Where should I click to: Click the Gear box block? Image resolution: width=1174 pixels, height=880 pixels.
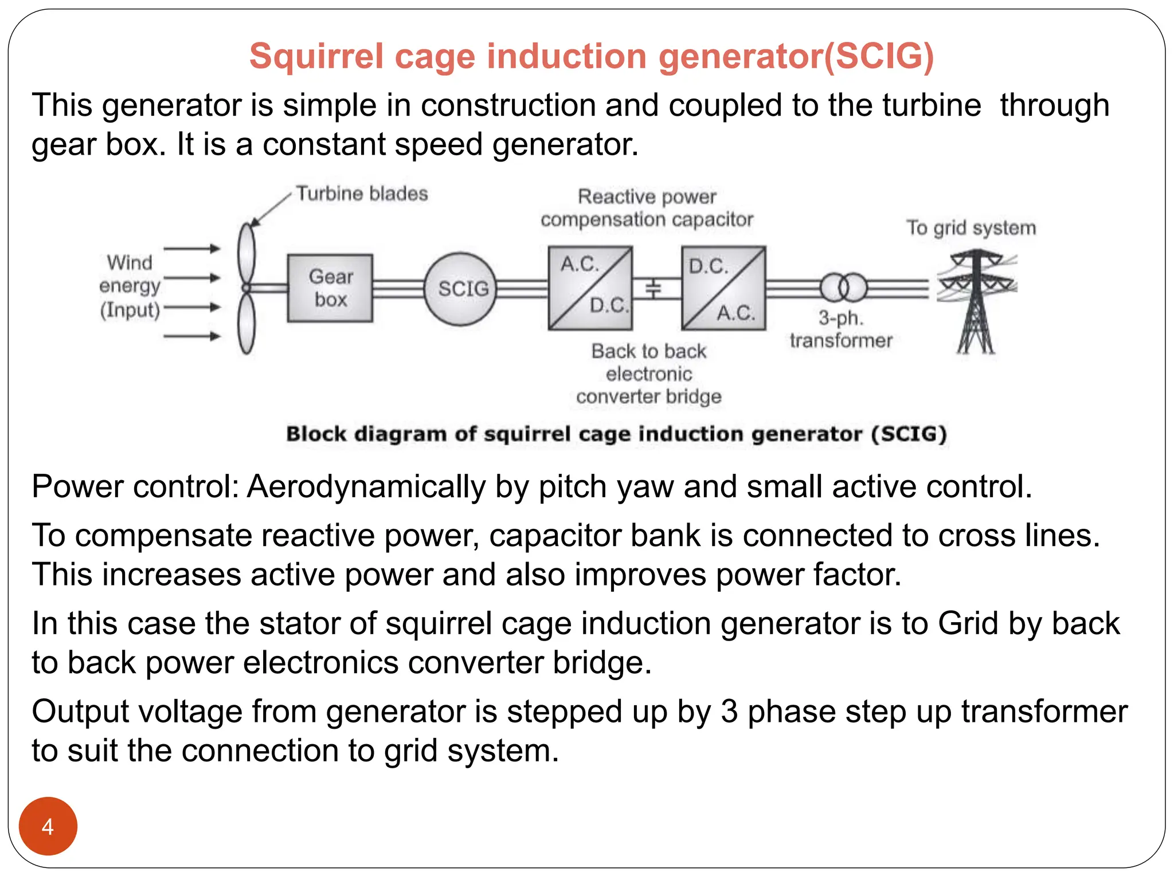tap(330, 288)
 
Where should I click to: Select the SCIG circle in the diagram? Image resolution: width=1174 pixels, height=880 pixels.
tap(460, 289)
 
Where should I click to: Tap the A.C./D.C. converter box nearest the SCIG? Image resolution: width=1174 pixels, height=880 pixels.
tap(590, 288)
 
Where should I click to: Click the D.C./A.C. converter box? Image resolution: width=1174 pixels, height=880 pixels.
tap(723, 288)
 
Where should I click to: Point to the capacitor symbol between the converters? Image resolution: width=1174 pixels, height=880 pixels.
tap(653, 289)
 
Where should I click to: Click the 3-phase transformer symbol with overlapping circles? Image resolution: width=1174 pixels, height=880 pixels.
tap(843, 288)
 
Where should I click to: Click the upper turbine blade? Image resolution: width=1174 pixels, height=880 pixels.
tap(246, 252)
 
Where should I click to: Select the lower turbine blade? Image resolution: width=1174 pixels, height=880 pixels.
tap(246, 324)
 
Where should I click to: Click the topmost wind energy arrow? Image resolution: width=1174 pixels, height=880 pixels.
tap(192, 249)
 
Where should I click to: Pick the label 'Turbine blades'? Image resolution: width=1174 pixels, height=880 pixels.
tap(362, 194)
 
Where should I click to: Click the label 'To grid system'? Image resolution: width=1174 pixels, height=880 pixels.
tap(971, 227)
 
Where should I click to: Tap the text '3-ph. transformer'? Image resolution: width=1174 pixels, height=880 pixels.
tap(841, 329)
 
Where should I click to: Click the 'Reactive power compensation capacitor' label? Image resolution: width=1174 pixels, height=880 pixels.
tap(647, 208)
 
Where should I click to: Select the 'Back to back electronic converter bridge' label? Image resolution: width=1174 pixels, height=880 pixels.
tap(649, 374)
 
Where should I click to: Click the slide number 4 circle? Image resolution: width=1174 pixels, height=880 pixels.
tap(48, 826)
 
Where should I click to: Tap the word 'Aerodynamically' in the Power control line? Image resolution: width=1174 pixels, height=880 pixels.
tap(366, 487)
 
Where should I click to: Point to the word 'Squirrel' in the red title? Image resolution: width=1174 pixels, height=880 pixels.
tap(316, 56)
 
